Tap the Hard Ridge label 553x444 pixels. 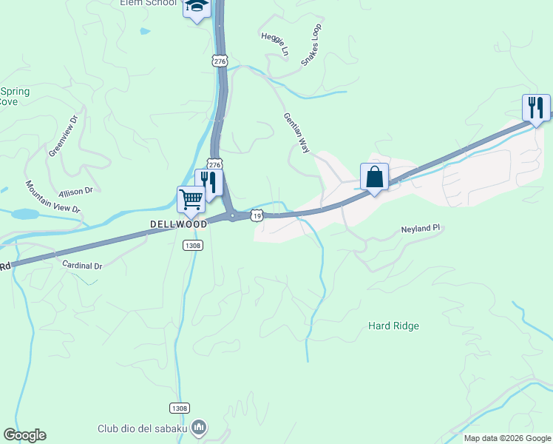click(x=393, y=326)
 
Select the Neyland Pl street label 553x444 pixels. click(x=421, y=229)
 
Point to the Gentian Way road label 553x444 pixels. click(x=296, y=132)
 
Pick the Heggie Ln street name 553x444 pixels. click(x=274, y=44)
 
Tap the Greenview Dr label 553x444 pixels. click(x=64, y=135)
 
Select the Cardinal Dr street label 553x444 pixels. click(x=82, y=264)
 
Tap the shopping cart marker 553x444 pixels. click(x=191, y=198)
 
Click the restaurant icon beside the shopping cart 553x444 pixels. click(x=208, y=182)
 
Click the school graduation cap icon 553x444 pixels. click(x=197, y=7)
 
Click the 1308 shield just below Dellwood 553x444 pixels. click(x=191, y=245)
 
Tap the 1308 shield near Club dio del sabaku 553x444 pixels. click(x=179, y=408)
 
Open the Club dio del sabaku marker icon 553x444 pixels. click(x=199, y=427)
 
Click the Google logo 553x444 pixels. click(x=24, y=435)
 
